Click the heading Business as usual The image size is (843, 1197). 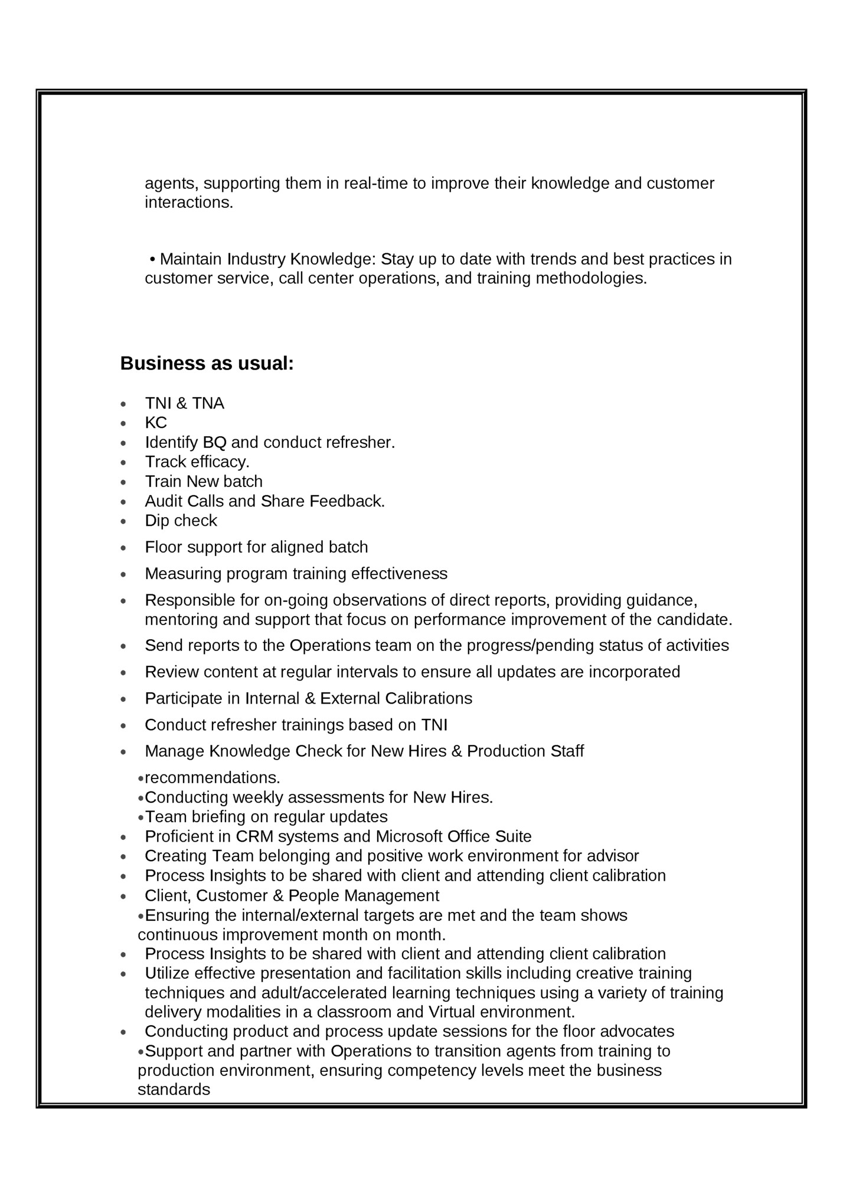tap(207, 364)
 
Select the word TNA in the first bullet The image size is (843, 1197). tap(208, 404)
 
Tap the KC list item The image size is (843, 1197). tap(156, 423)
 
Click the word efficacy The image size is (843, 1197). tap(220, 462)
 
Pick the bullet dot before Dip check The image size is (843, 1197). tap(123, 522)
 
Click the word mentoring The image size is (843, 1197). tap(181, 620)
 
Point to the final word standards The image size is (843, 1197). tap(174, 1090)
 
